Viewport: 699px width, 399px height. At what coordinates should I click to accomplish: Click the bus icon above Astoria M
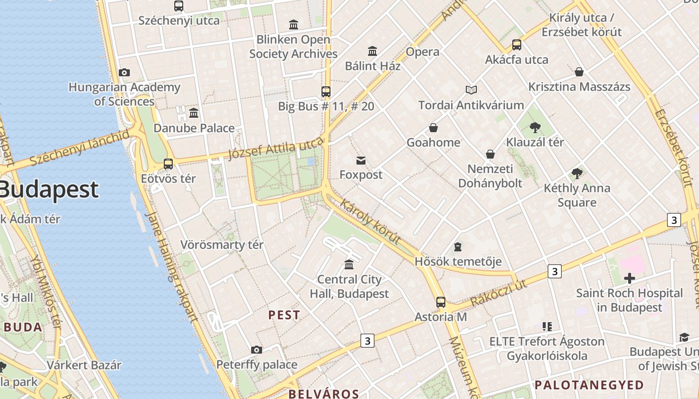coord(440,302)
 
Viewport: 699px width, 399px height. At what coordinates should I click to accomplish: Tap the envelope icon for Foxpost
coord(360,160)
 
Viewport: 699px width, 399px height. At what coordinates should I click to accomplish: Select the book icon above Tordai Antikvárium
coord(471,90)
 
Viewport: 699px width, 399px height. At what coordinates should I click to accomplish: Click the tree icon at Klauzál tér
coord(535,127)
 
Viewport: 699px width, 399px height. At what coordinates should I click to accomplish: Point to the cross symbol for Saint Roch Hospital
coord(629,278)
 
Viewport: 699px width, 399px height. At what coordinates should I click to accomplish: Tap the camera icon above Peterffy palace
coord(256,350)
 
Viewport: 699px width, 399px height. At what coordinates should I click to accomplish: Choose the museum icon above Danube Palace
coord(194,113)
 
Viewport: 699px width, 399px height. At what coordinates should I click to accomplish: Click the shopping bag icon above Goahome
coord(433,128)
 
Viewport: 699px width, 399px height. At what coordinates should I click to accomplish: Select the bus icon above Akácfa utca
coord(517,45)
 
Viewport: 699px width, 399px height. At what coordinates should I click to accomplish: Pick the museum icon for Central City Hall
coord(349,264)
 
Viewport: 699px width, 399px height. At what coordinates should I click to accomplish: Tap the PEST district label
coord(284,315)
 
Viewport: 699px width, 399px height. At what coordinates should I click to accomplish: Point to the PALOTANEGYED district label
coord(589,385)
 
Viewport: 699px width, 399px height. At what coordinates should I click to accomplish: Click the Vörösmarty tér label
coord(222,245)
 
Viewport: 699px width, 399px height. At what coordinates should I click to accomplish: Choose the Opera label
coord(422,52)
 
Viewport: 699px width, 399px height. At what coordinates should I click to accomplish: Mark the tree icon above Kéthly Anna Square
coord(577,174)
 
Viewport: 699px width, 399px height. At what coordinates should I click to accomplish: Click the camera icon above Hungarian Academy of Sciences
coord(124,73)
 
